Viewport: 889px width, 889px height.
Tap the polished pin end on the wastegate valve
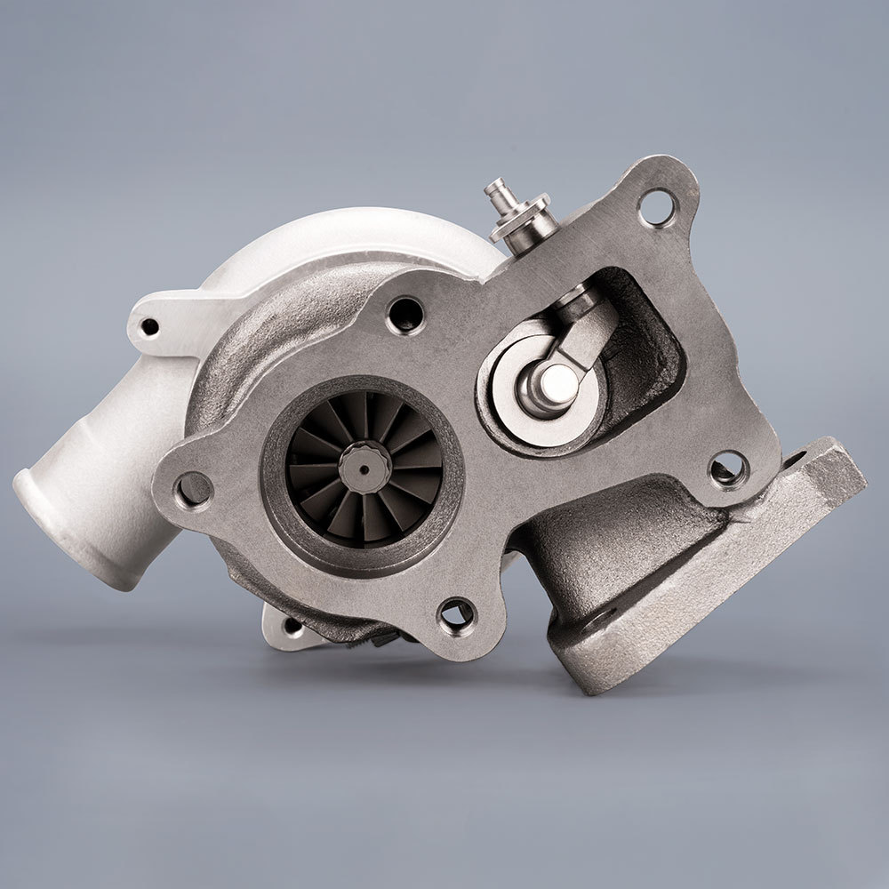click(x=558, y=383)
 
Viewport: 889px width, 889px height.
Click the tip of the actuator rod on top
click(x=495, y=188)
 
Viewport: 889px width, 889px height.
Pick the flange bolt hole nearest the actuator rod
click(x=658, y=208)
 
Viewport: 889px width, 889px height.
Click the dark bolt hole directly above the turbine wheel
click(x=406, y=314)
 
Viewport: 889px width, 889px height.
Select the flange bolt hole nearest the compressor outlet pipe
click(x=194, y=488)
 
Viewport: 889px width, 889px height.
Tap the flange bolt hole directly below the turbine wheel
click(x=457, y=613)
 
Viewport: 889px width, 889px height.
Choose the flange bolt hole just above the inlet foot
click(x=728, y=468)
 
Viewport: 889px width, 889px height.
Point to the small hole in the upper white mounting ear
click(x=149, y=327)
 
